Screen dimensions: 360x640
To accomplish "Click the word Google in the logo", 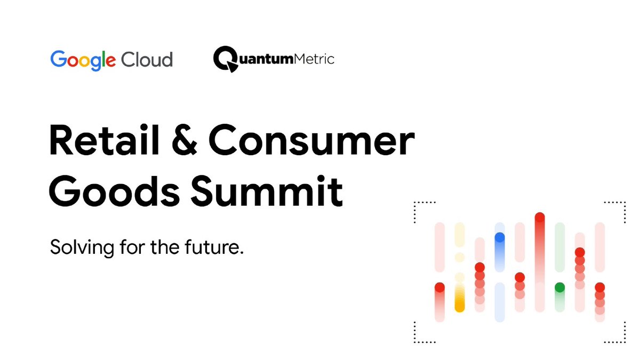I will pyautogui.click(x=83, y=59).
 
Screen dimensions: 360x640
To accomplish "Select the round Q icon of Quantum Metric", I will pyautogui.click(x=225, y=59).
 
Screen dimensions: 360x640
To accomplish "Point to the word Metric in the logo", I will pyautogui.click(x=314, y=58).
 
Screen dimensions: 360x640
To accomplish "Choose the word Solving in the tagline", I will pyautogui.click(x=78, y=248).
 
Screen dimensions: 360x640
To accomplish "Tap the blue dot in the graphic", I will pyautogui.click(x=500, y=238).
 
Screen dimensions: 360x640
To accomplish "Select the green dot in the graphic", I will pyautogui.click(x=559, y=287).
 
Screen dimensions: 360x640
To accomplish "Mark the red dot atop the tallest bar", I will pyautogui.click(x=540, y=217).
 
